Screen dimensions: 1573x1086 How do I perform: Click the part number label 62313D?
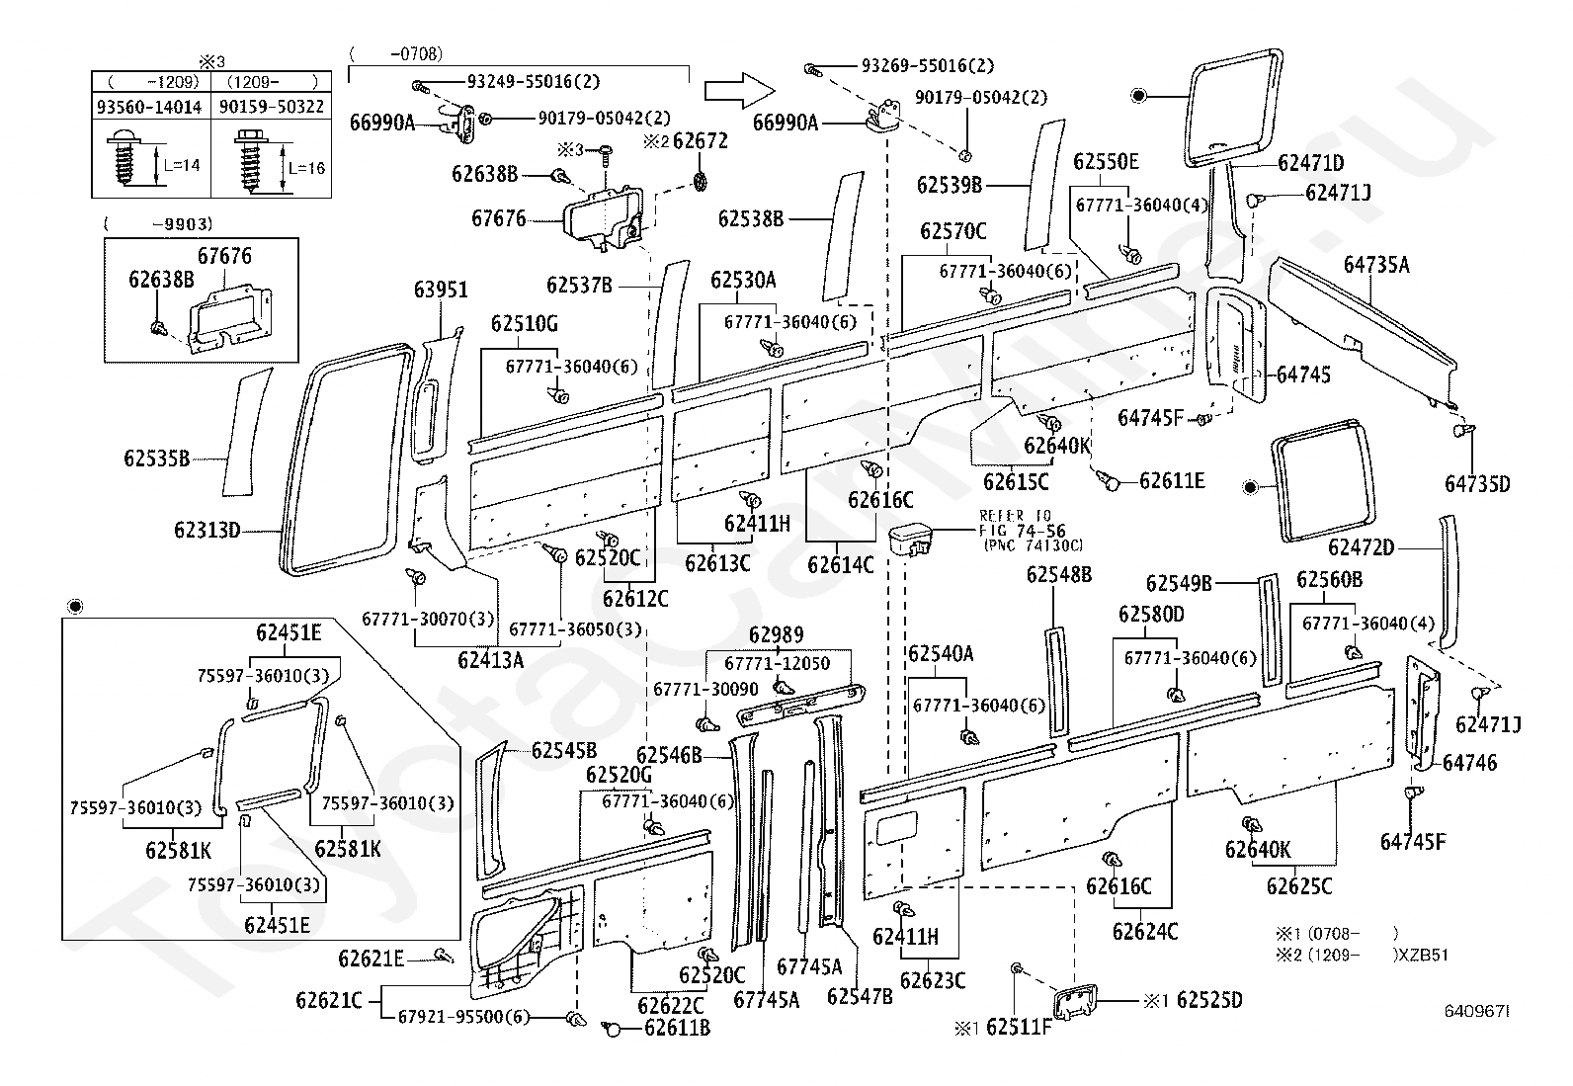207,530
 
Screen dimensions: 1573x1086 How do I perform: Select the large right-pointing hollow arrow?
739,91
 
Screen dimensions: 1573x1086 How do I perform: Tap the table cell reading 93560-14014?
149,107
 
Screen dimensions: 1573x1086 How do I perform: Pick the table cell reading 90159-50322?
271,107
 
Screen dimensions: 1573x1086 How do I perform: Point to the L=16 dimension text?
307,168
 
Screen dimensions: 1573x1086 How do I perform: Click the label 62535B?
156,459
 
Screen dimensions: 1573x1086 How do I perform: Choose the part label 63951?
441,290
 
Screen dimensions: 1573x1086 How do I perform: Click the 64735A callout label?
1376,265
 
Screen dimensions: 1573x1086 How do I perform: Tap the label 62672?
701,141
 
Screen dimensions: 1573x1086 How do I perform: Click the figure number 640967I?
1477,1011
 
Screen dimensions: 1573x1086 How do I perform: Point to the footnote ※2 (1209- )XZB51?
1362,955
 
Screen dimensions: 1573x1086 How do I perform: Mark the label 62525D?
1209,1000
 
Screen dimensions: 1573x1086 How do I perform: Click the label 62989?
776,635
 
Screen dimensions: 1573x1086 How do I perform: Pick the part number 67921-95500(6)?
463,1017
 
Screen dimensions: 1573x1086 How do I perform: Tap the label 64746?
1470,762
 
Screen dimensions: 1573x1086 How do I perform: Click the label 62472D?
1361,547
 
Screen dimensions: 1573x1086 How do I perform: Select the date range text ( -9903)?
158,224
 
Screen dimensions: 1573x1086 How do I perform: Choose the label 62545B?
564,750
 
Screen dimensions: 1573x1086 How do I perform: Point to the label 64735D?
1477,484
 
